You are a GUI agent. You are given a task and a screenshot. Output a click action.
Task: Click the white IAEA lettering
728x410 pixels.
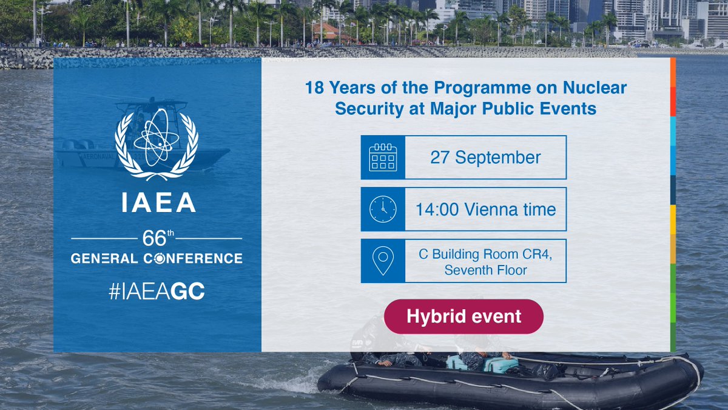coord(157,202)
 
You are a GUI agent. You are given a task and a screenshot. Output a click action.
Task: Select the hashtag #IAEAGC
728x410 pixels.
coord(157,292)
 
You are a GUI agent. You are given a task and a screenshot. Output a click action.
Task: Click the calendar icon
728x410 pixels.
coord(383,157)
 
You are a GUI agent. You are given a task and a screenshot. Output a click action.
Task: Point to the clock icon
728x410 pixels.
coord(383,209)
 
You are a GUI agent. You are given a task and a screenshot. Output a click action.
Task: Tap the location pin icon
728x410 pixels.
coord(383,261)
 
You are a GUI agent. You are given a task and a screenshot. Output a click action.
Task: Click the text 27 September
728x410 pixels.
coord(485,157)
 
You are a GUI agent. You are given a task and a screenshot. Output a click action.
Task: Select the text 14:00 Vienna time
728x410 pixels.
coord(485,210)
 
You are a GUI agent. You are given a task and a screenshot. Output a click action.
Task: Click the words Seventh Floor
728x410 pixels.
coord(485,270)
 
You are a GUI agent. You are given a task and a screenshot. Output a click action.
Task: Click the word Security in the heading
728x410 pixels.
coord(365,109)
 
